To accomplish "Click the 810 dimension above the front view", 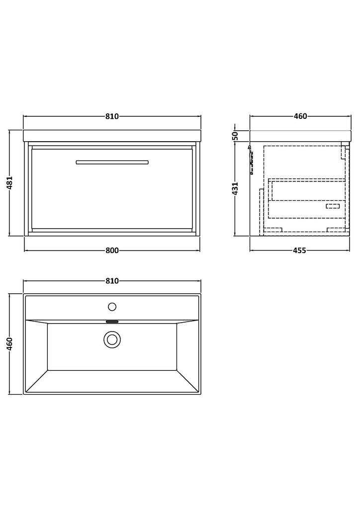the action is point(112,116).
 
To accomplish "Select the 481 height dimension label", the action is point(9,182).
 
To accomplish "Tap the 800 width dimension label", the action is point(112,251).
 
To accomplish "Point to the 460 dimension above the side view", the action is point(300,116).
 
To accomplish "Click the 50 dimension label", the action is point(236,136).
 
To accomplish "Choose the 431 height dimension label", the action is point(236,188).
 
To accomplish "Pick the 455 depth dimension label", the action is point(300,251).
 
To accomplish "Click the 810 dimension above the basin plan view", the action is point(112,281).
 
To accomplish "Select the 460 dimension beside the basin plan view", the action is point(9,344).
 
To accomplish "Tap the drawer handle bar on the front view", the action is point(112,163).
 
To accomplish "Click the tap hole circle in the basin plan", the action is point(112,306).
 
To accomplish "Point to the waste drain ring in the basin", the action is point(112,340).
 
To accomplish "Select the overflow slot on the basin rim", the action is point(112,322).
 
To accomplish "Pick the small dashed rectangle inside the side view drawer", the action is point(333,206).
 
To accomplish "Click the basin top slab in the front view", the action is point(112,136).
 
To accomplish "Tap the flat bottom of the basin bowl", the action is point(112,346).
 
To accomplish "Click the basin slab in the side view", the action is point(300,136).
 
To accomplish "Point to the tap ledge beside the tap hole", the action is point(112,307).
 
